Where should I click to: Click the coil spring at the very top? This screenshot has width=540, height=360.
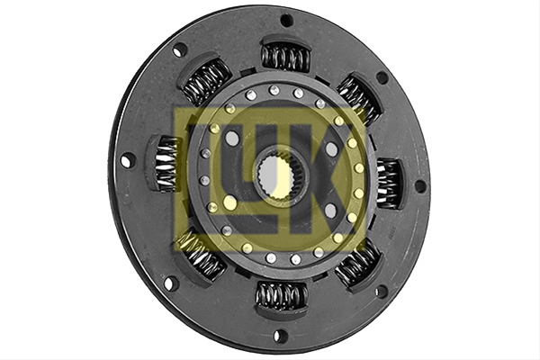point(285,57)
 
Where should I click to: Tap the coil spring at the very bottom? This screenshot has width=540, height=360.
point(282,295)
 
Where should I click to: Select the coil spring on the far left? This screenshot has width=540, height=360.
point(166,163)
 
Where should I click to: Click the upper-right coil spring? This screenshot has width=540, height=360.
point(359,98)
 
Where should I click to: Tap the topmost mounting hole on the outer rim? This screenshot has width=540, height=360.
point(286,21)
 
